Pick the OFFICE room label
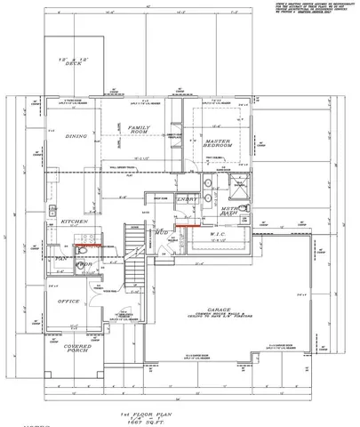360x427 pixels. coord(68,301)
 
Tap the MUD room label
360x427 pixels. coord(162,233)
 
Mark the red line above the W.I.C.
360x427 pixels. coord(186,226)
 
